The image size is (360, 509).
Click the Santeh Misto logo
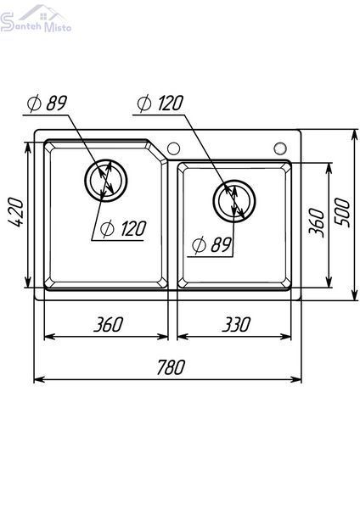click(36, 20)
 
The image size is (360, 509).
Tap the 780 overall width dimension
click(171, 367)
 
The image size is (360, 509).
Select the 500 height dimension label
click(342, 212)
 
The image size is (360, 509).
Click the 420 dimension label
click(15, 212)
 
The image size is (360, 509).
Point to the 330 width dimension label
click(236, 324)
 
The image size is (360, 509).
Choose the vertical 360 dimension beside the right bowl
click(317, 222)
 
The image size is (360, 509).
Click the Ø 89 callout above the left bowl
click(47, 103)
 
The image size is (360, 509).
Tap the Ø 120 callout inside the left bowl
click(123, 229)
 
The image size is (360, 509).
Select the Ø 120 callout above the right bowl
click(160, 103)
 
